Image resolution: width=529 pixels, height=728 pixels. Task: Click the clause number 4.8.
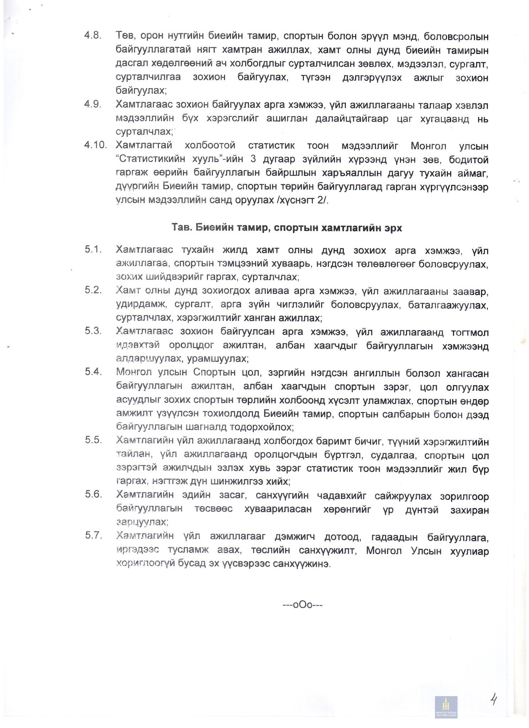click(93, 35)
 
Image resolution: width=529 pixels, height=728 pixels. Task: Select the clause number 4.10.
click(95, 145)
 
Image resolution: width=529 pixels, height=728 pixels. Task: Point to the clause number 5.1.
click(93, 249)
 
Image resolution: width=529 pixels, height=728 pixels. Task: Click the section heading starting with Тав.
click(286, 227)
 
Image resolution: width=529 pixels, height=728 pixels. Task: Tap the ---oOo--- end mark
click(302, 604)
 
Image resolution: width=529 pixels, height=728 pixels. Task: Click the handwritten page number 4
click(493, 698)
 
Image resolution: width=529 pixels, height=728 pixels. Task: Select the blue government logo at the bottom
click(446, 707)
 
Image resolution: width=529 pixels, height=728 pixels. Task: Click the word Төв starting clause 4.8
click(125, 36)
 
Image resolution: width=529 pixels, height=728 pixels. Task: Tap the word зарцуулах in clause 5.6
click(141, 522)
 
